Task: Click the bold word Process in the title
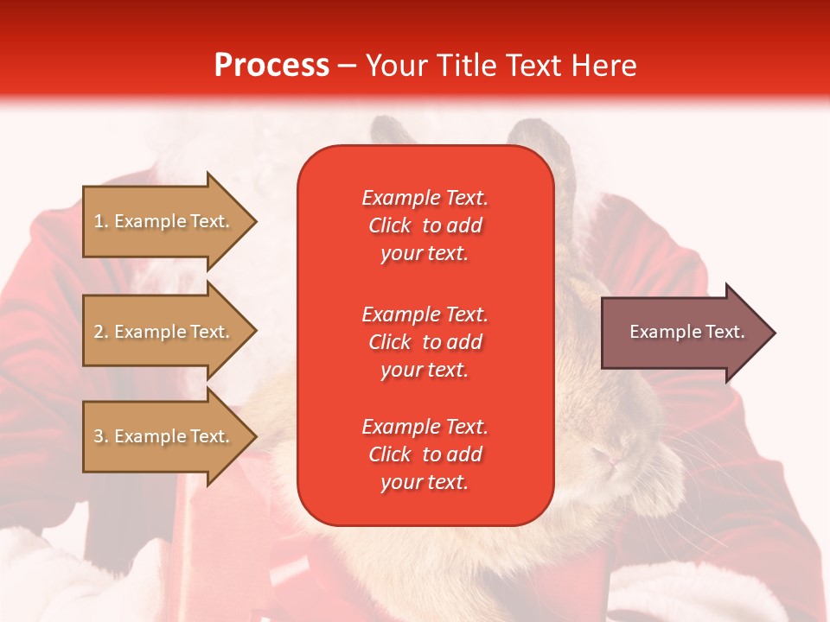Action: tap(271, 66)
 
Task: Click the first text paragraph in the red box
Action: tap(425, 225)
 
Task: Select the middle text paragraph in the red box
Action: tap(425, 341)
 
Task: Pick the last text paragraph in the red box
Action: tap(425, 454)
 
